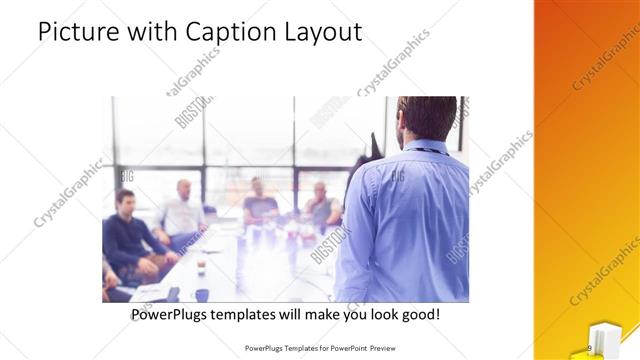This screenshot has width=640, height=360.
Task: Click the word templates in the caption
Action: pyautogui.click(x=250, y=315)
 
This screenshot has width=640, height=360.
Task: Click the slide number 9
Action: pyautogui.click(x=590, y=347)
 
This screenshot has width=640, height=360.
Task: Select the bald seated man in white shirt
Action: pyautogui.click(x=182, y=212)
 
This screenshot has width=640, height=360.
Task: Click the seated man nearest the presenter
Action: pyautogui.click(x=321, y=204)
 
